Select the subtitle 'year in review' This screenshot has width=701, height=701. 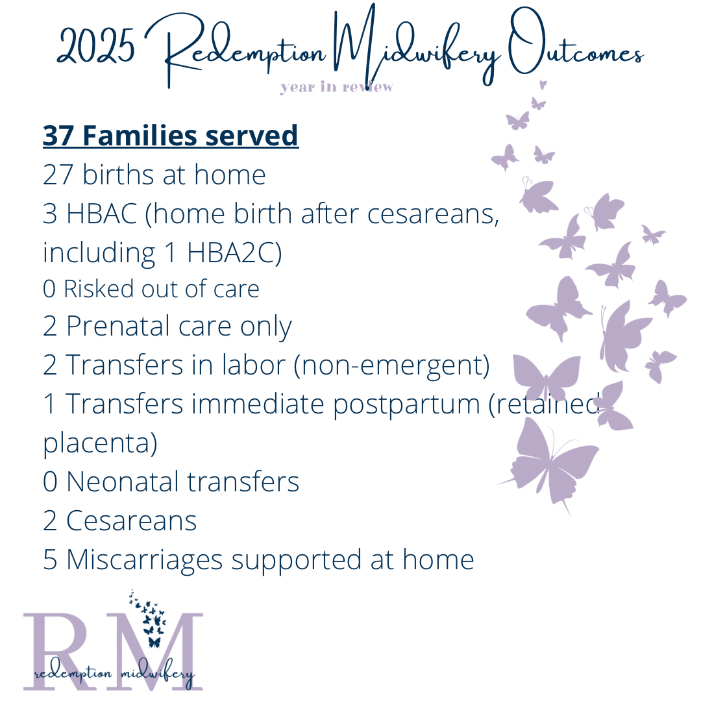click(336, 87)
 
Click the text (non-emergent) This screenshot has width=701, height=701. click(391, 365)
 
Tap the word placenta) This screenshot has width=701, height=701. click(100, 444)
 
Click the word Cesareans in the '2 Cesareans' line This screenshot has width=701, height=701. click(131, 521)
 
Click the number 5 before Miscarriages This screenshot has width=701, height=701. click(50, 560)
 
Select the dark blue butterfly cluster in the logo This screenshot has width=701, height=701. click(148, 617)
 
